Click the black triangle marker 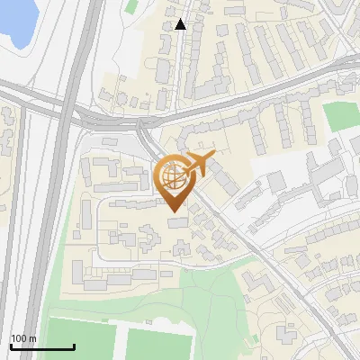pos(181,24)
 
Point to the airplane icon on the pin pos(197,165)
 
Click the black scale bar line pos(42,347)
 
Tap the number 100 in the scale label pos(19,338)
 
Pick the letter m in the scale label pos(32,339)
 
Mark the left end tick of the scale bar pos(11,346)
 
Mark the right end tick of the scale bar pos(74,346)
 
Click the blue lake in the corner pos(16,20)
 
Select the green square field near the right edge pos(340,115)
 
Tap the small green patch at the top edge pos(132,6)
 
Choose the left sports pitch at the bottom pos(80,342)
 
